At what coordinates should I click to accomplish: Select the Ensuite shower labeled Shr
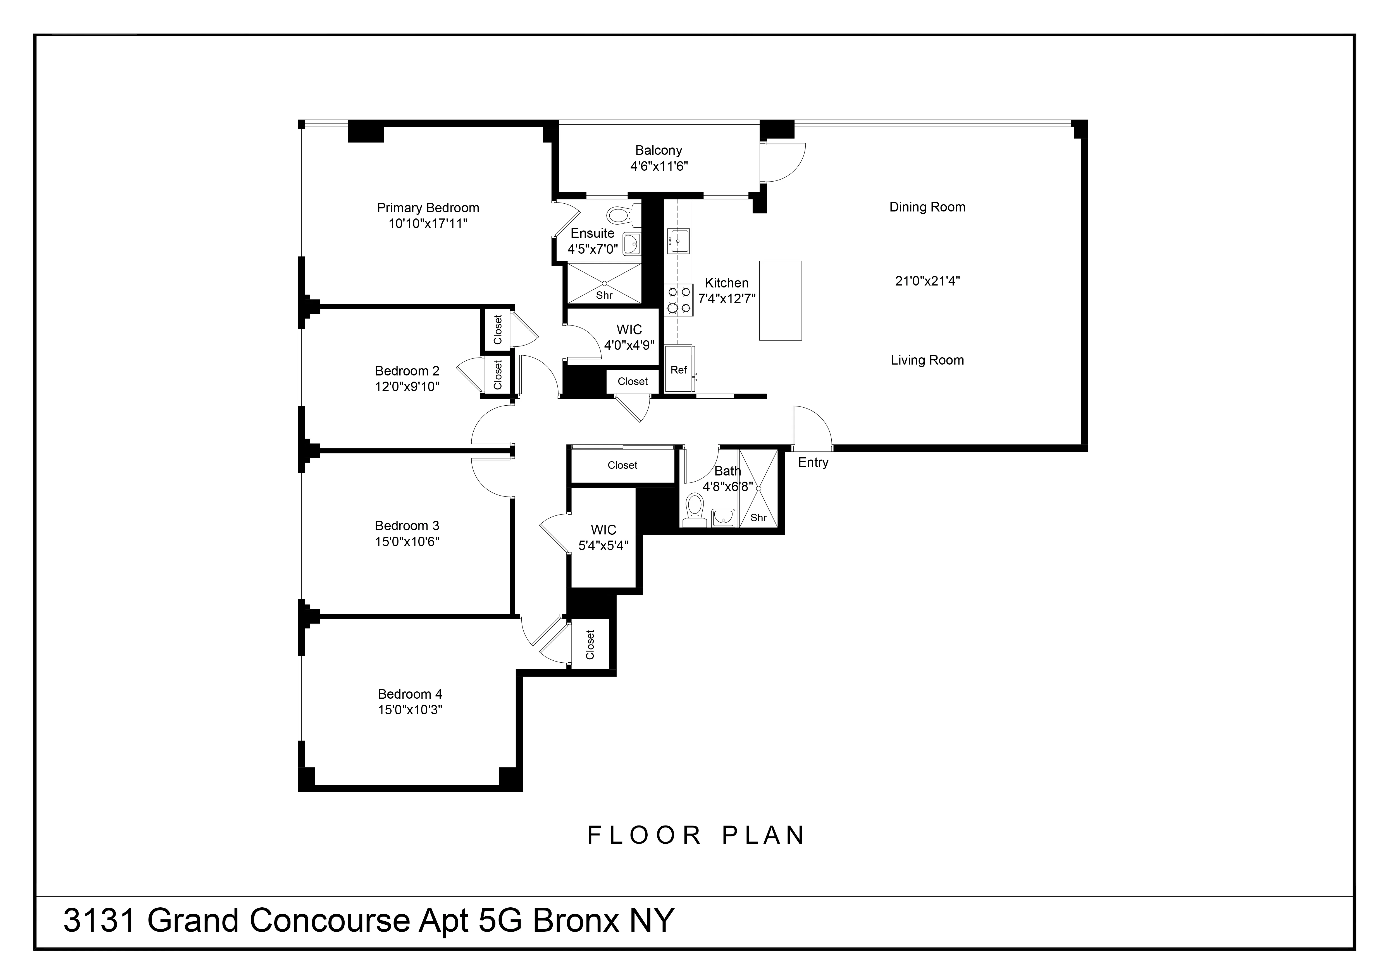point(604,284)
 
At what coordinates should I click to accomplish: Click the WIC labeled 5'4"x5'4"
point(603,537)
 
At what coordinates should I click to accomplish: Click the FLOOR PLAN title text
point(696,835)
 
